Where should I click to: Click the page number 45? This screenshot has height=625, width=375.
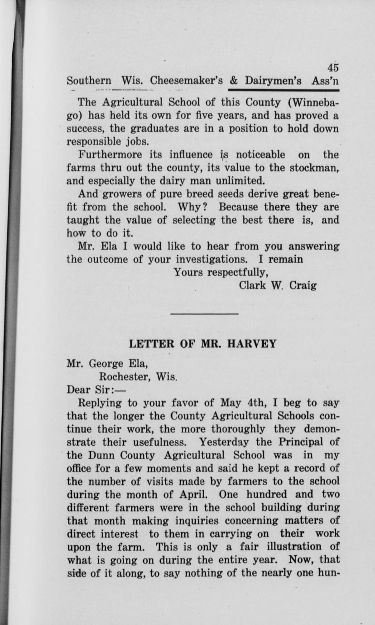point(334,67)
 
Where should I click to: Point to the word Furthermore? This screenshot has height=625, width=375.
point(106,155)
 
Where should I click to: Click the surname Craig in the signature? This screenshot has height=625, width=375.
point(301,286)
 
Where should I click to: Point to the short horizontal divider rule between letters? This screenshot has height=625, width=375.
point(204,313)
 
